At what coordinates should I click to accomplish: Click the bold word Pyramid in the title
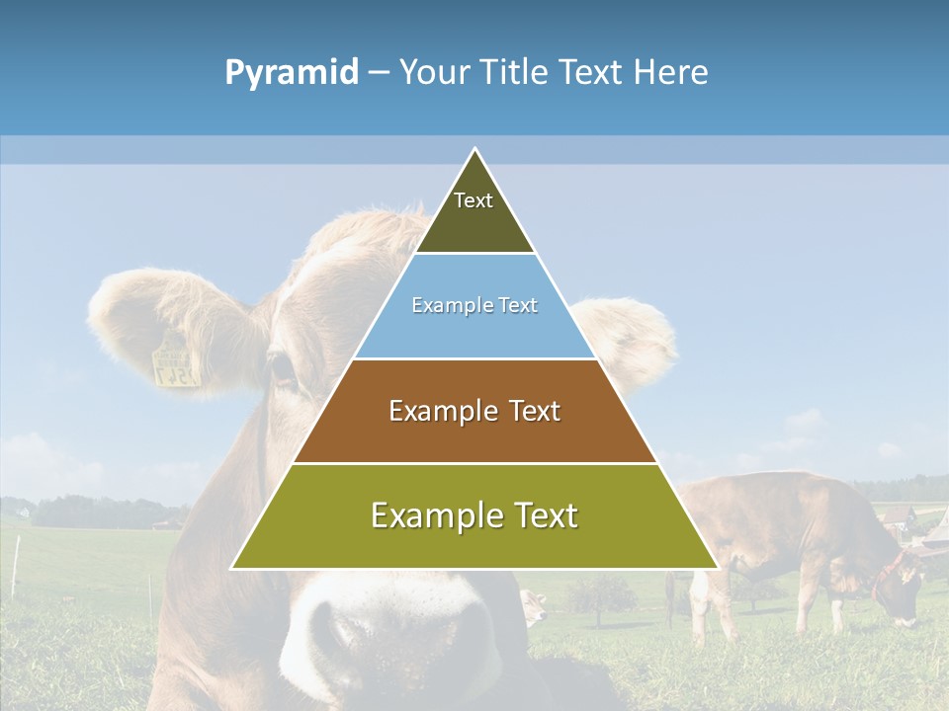point(291,73)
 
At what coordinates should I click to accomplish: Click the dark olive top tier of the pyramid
point(474,212)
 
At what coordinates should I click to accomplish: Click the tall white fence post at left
point(16,567)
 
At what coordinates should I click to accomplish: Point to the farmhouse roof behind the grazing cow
point(935,524)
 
